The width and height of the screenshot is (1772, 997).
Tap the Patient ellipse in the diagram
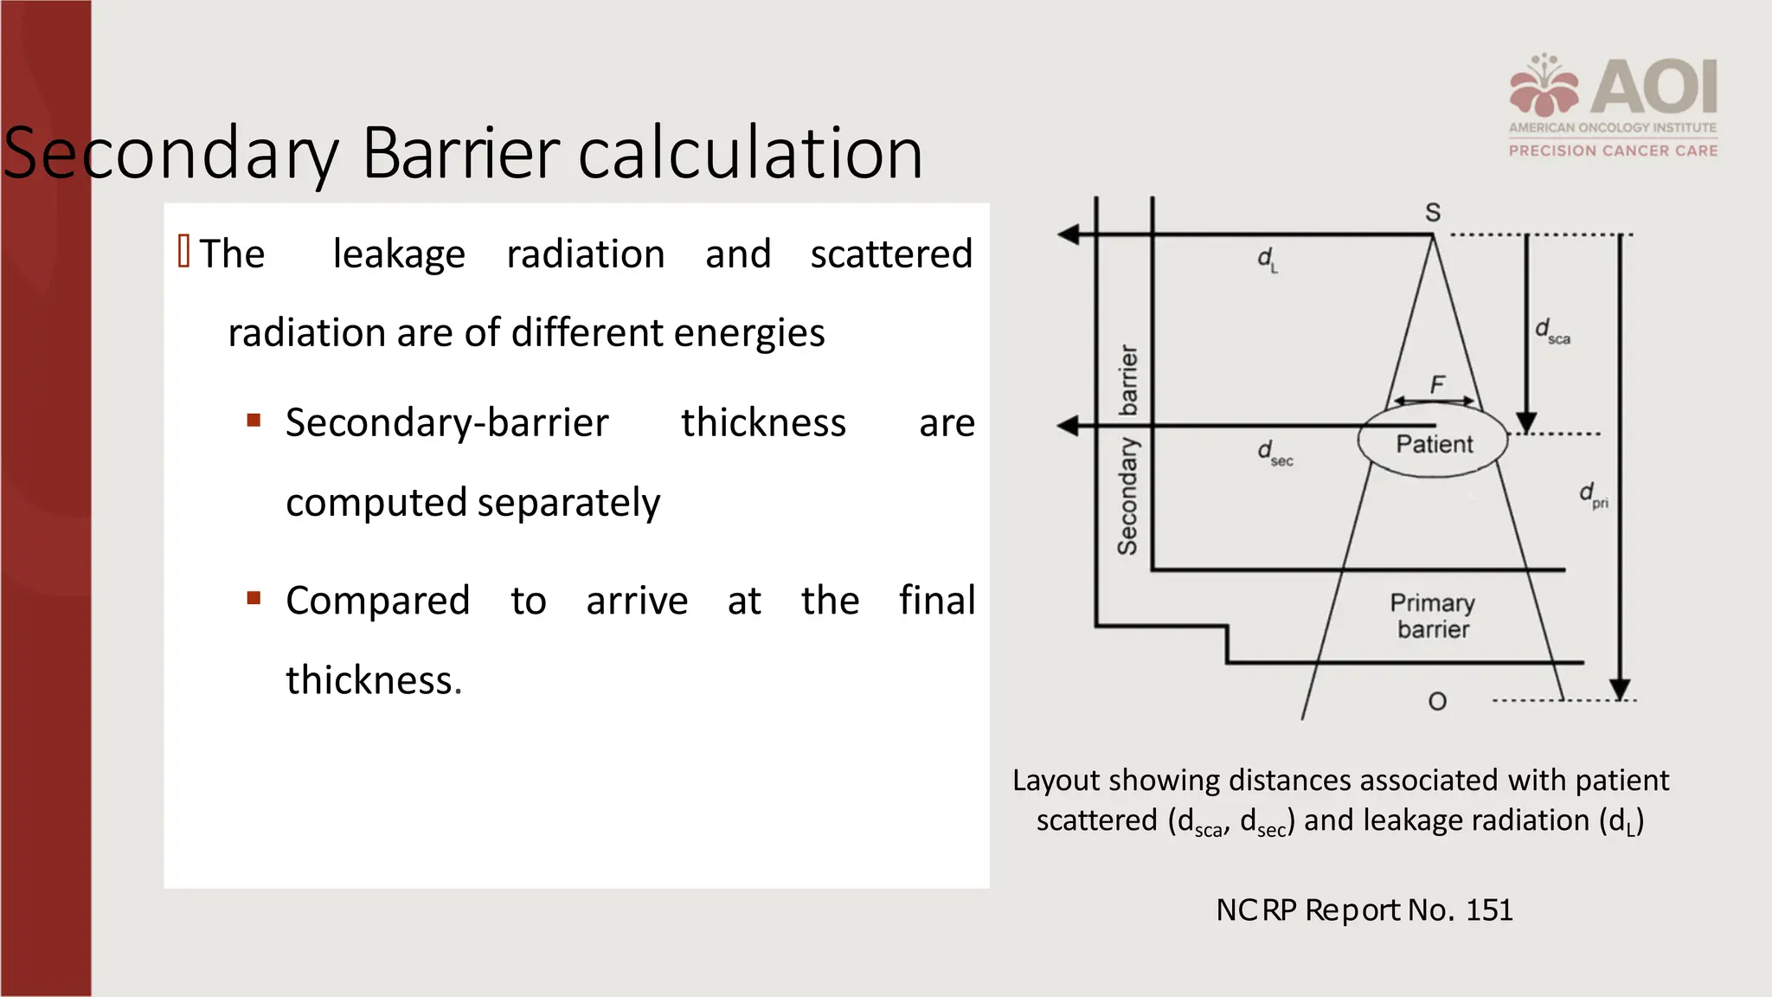[1433, 443]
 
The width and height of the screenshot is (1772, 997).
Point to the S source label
[1433, 212]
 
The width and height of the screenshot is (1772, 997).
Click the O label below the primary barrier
[1437, 701]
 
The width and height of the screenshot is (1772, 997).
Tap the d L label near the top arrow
[1267, 260]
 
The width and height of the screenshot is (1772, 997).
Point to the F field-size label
[1437, 384]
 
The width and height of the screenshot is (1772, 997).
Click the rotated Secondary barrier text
[1127, 450]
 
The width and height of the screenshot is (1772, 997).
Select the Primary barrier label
[1433, 615]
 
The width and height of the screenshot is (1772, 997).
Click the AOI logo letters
[1654, 87]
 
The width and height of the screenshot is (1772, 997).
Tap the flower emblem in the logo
[1544, 86]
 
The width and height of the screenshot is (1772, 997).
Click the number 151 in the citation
[1489, 910]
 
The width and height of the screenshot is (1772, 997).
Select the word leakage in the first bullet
[399, 254]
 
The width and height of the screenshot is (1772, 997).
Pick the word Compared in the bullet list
[377, 601]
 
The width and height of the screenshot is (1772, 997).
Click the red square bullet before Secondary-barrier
[254, 421]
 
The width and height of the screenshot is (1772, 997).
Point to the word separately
[568, 503]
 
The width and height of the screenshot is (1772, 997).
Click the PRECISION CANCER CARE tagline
[1613, 151]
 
